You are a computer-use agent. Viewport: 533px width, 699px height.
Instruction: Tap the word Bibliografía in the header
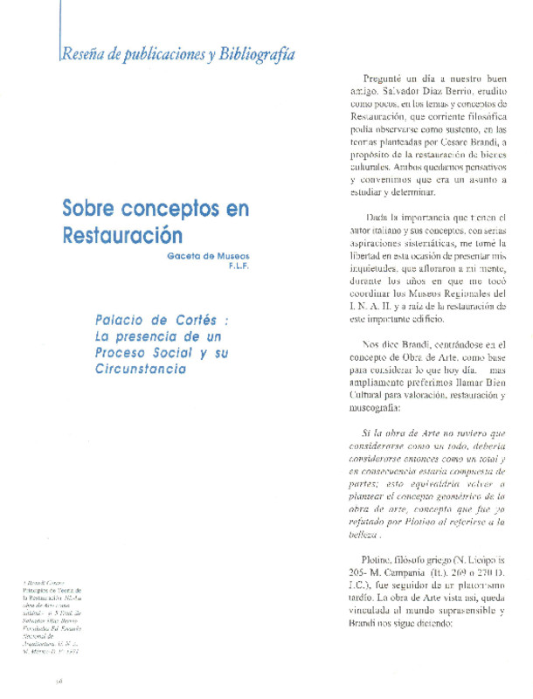tap(255, 54)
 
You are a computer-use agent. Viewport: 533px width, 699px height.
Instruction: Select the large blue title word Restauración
tap(121, 236)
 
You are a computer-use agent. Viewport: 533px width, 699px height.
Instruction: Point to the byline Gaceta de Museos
tap(209, 255)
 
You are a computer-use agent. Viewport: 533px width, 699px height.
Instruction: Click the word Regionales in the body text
tap(482, 291)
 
